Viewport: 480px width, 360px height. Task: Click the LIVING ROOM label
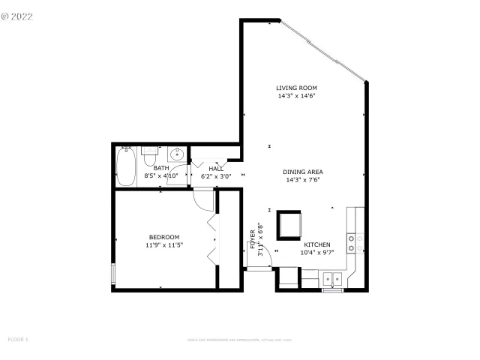tap(297, 88)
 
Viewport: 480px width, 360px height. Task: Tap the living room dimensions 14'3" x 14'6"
tap(297, 96)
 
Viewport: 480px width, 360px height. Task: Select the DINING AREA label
tap(303, 172)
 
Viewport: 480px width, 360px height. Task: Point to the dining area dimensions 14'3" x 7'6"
tap(303, 180)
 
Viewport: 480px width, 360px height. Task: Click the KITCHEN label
tap(316, 245)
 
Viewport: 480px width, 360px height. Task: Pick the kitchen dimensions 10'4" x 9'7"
tap(316, 253)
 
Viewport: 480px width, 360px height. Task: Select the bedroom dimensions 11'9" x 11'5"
tap(164, 244)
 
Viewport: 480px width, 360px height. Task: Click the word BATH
tap(161, 169)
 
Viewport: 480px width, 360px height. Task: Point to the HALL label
tap(216, 169)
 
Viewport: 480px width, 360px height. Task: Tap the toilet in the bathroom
tap(149, 160)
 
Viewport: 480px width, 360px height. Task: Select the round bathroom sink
tap(178, 155)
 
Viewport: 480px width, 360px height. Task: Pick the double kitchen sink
tap(331, 279)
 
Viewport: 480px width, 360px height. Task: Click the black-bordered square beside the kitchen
tap(289, 225)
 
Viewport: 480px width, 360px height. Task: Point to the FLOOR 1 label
tap(18, 340)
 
